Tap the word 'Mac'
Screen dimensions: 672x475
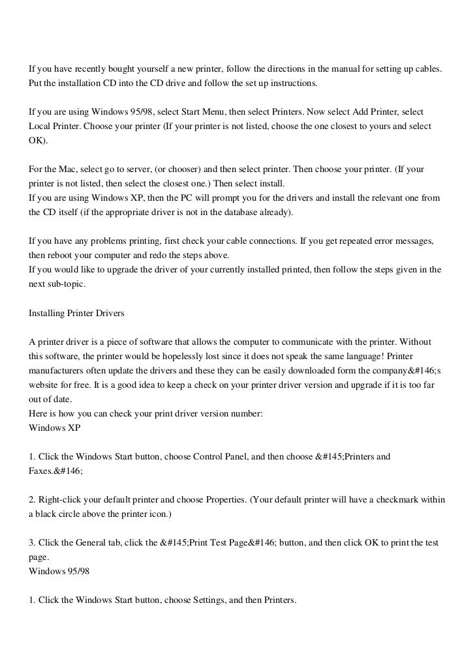pos(61,169)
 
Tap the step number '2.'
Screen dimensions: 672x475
pos(33,500)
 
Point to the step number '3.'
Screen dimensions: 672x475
pos(33,543)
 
